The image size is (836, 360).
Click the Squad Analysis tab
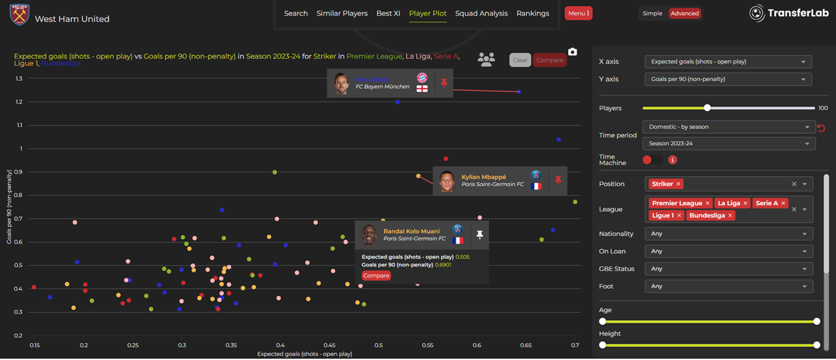tap(481, 13)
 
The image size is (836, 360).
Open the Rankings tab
tap(532, 13)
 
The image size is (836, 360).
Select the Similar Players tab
tap(342, 13)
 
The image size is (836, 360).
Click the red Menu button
tap(578, 13)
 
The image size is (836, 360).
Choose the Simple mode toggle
tap(652, 13)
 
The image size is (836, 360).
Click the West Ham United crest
tap(20, 14)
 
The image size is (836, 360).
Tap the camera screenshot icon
tap(572, 52)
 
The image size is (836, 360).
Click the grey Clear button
tap(520, 60)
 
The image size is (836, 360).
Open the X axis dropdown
tap(728, 61)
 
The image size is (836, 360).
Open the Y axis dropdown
tap(728, 79)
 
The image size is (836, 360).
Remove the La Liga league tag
tap(745, 203)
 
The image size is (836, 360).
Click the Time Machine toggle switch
tap(652, 159)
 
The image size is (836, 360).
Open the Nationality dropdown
tap(728, 234)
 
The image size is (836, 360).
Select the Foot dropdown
tap(728, 286)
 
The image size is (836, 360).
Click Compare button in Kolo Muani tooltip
tap(376, 276)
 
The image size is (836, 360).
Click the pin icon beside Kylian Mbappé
tap(558, 180)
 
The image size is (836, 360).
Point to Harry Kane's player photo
tap(341, 83)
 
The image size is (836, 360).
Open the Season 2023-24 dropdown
tap(728, 144)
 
